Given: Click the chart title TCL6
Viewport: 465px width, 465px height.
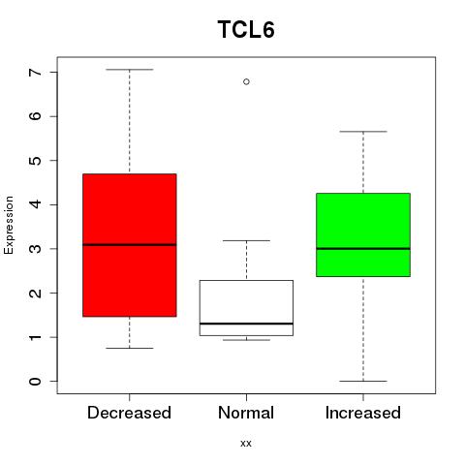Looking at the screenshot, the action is pos(246,30).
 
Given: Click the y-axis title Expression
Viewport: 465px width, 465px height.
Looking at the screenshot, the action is pos(9,225).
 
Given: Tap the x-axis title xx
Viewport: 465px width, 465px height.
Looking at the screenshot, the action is pos(246,444).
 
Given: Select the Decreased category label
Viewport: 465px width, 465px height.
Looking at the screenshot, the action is pos(129,413).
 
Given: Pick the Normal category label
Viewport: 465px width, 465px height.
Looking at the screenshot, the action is pos(246,413).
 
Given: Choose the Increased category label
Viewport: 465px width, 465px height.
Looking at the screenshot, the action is pos(363,413).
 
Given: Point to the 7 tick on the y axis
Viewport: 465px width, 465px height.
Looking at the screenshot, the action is pos(35,72).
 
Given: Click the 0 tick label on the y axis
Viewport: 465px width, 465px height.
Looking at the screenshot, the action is pos(35,381).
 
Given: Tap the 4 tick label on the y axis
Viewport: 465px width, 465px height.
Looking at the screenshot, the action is pos(35,204).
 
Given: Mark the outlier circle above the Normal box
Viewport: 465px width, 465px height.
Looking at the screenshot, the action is pos(246,81).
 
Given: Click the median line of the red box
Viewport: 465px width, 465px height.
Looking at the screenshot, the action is pos(130,245).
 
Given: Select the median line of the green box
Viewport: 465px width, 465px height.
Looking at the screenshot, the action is pos(363,249).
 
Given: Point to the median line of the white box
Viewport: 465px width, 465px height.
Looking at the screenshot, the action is pos(246,324).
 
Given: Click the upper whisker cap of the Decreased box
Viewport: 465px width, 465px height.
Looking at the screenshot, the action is pos(130,70).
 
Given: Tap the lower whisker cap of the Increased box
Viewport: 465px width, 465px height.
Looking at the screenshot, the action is pos(363,381).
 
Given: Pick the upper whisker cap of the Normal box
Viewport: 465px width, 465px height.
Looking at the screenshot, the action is pos(246,240).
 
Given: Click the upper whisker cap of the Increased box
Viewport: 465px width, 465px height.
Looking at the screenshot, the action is pos(363,132).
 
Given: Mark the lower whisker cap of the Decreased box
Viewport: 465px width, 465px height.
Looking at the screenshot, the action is pos(130,348).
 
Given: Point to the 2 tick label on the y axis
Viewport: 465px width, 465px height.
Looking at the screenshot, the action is pos(35,293).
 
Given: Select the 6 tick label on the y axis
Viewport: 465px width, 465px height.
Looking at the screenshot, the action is pos(35,116).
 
